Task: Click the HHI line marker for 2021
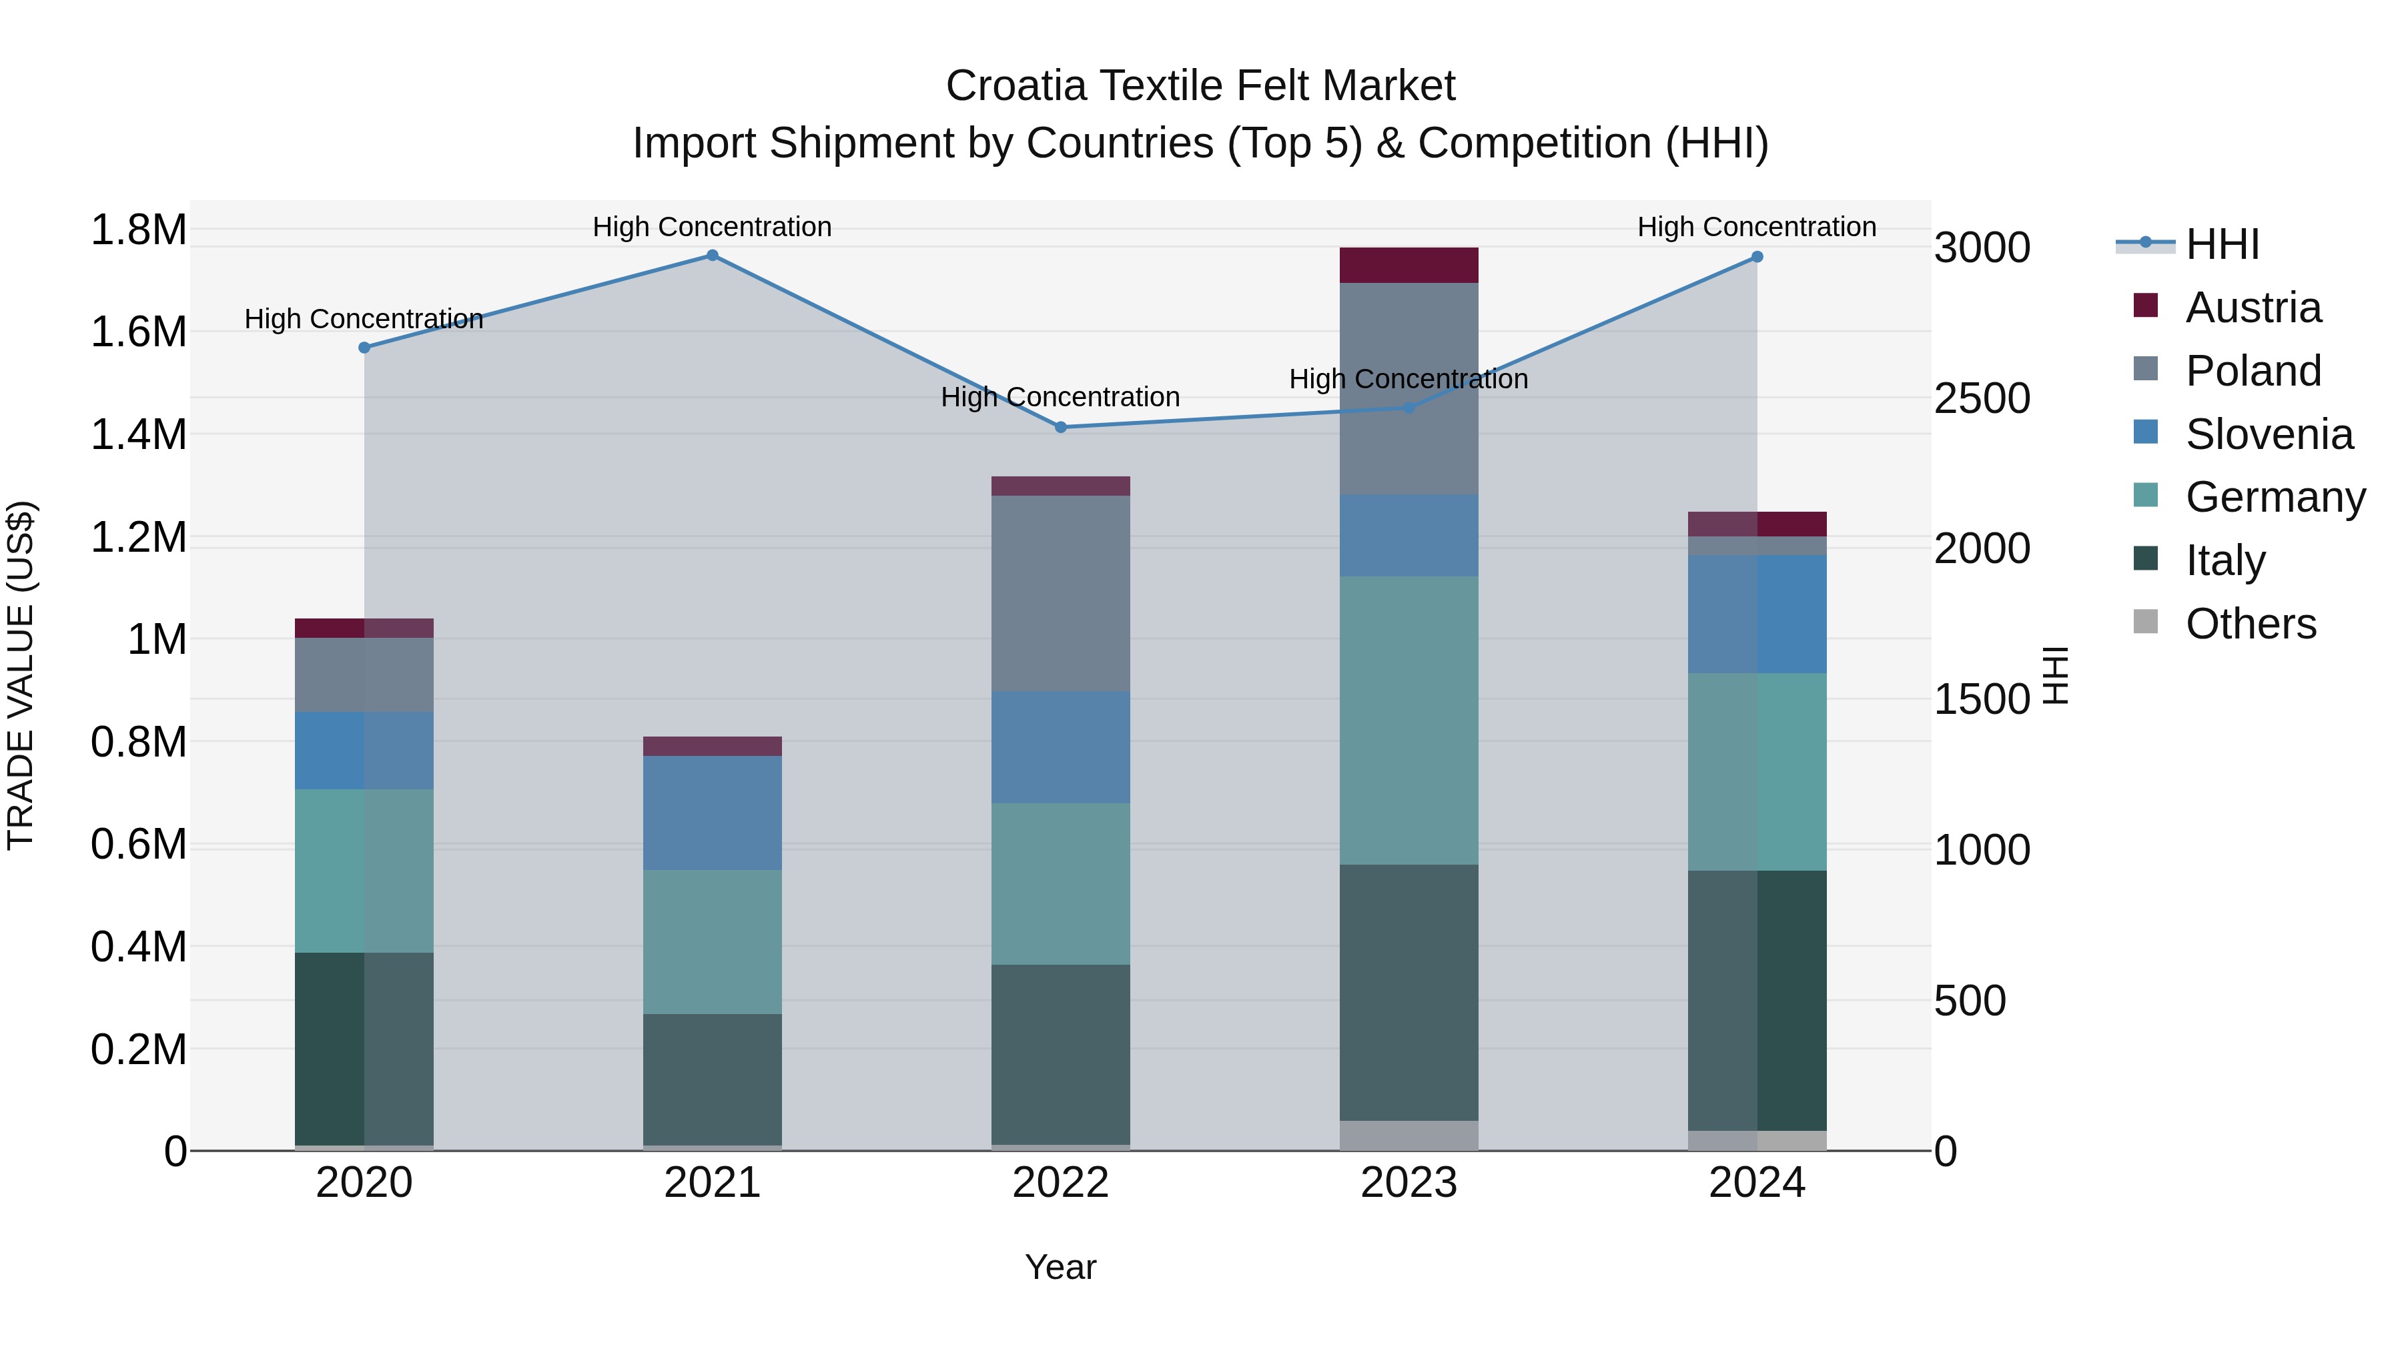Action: [713, 256]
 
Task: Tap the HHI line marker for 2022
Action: [1060, 427]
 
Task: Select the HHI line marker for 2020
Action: [364, 348]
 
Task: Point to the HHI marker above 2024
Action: [1757, 258]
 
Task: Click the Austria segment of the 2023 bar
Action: [1409, 266]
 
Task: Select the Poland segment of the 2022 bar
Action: [1060, 593]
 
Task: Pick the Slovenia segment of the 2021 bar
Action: [713, 813]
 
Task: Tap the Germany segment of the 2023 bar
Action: [1409, 720]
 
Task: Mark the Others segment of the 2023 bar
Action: [1409, 1135]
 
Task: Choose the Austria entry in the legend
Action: [2253, 308]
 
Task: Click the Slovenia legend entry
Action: [2269, 434]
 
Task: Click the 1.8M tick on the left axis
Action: [139, 230]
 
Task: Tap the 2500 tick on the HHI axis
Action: [1982, 399]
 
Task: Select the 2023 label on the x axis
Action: [1409, 1183]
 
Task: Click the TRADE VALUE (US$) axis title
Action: [21, 675]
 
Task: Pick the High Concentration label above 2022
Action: [1060, 397]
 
